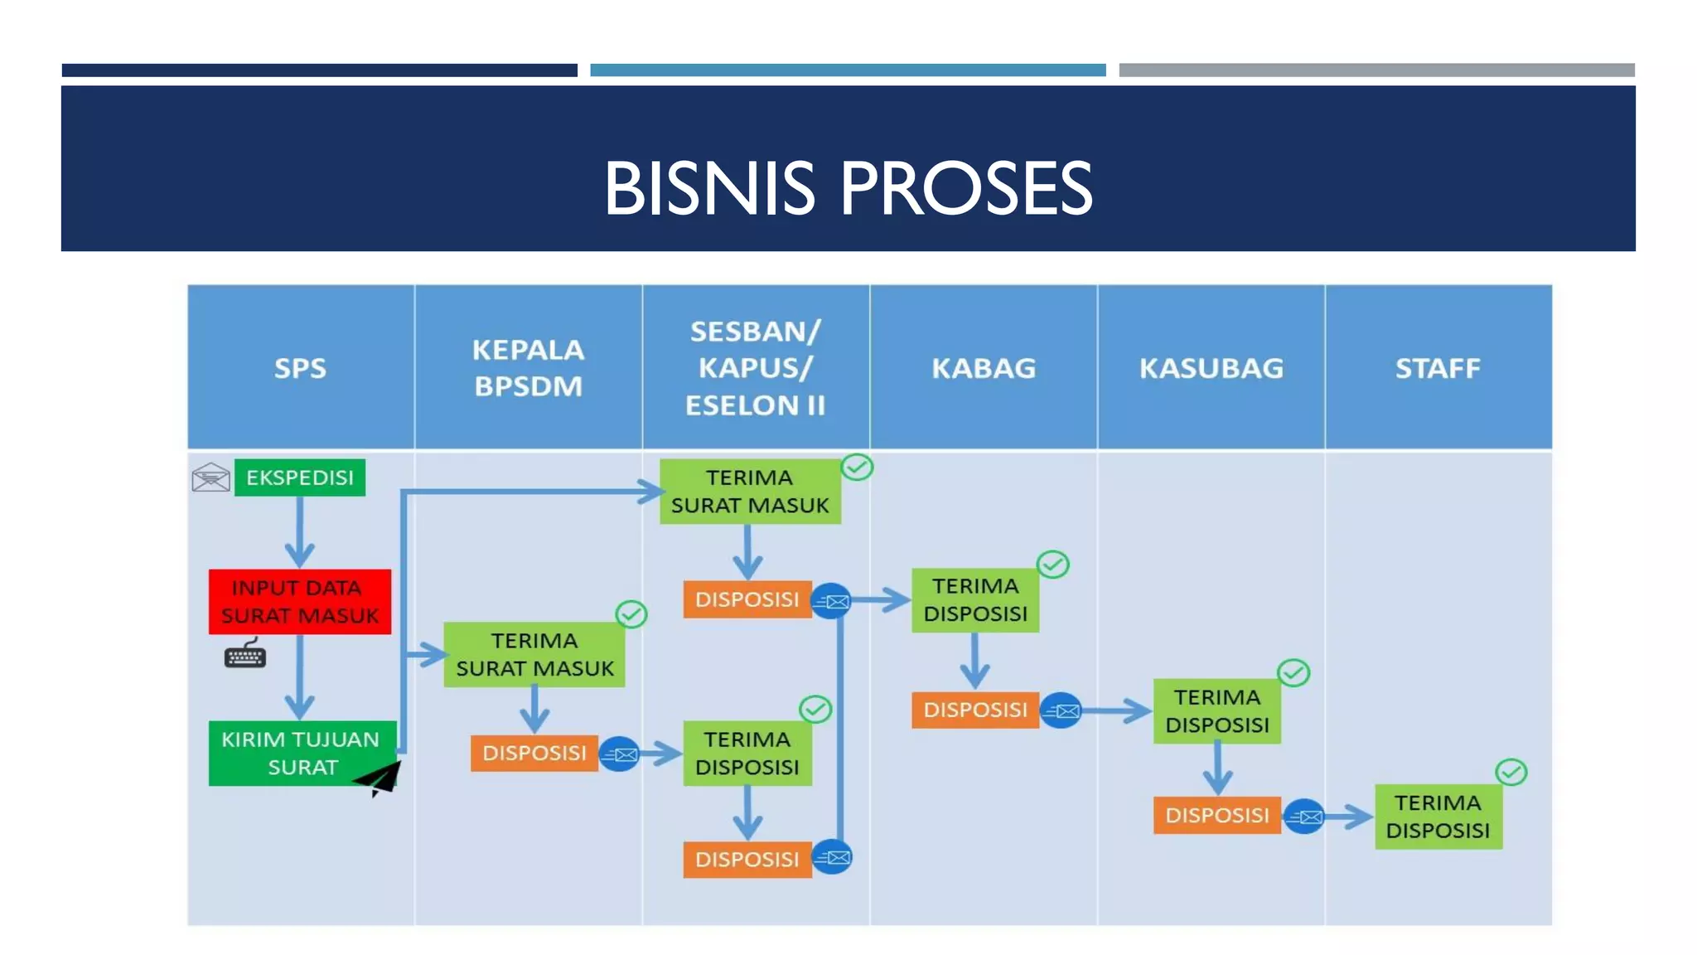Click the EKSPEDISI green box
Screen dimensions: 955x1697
[299, 477]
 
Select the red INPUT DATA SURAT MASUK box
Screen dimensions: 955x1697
[299, 602]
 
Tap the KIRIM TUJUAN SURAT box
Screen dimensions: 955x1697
[299, 753]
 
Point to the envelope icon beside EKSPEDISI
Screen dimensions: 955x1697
[210, 477]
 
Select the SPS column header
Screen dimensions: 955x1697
[300, 367]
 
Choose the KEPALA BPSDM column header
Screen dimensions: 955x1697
[529, 367]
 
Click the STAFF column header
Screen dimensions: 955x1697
[1438, 367]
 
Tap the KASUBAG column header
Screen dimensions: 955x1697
[1211, 367]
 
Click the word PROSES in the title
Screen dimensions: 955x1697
[966, 189]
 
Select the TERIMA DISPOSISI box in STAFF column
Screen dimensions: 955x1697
[1438, 817]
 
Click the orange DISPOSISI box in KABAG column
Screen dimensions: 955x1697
[974, 710]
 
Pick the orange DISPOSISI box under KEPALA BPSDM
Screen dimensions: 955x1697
[534, 754]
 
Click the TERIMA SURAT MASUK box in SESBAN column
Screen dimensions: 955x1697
[750, 492]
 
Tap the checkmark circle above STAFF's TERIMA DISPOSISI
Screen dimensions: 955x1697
[1511, 773]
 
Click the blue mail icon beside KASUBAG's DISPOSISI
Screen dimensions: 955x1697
[1304, 817]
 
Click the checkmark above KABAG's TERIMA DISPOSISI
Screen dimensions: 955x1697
[1053, 565]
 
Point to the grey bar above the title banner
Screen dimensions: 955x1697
[1376, 70]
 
